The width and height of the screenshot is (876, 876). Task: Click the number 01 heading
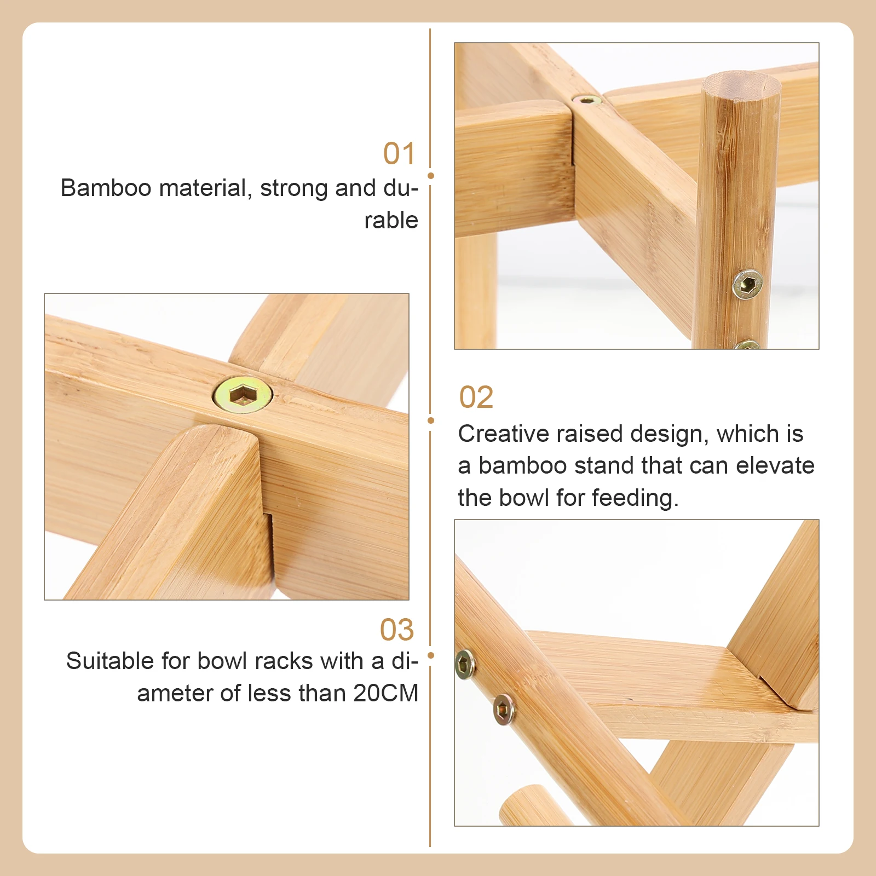(x=399, y=153)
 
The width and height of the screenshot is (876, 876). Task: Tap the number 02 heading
(x=476, y=397)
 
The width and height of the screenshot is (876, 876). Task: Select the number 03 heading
(x=397, y=630)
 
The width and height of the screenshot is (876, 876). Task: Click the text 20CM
(x=385, y=693)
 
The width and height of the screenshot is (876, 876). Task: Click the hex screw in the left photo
(x=242, y=394)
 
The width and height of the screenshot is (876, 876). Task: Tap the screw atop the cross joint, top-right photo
(x=587, y=100)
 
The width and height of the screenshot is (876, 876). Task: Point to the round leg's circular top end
(x=741, y=86)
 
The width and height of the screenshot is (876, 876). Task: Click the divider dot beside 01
(x=431, y=176)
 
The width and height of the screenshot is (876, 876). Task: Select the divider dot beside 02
(x=431, y=420)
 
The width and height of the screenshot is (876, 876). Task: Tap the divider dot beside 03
(x=431, y=655)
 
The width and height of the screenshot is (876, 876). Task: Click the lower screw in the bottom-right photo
(x=504, y=710)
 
